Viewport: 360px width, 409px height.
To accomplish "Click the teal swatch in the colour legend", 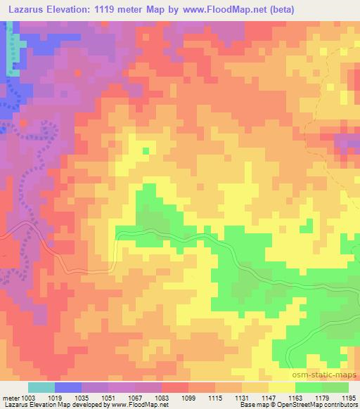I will click(41, 387).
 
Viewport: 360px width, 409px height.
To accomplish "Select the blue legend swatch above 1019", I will click(68, 387).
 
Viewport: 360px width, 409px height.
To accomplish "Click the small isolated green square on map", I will click(146, 150).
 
